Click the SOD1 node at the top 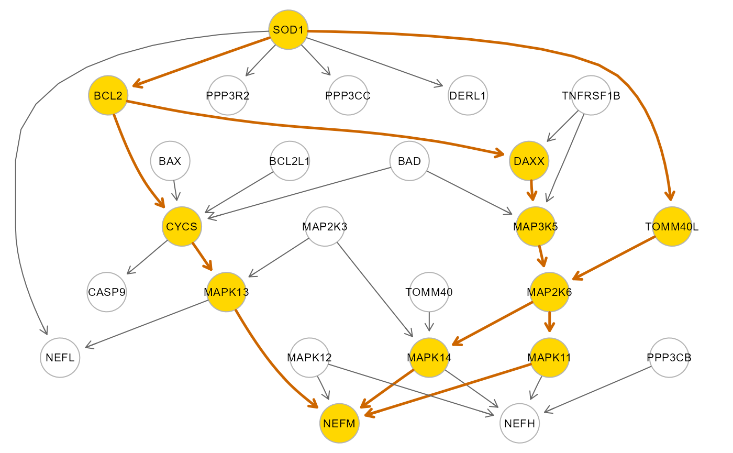click(288, 30)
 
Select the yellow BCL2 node click(108, 95)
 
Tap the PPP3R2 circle click(228, 95)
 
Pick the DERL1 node click(468, 95)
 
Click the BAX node click(170, 161)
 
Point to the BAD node click(409, 161)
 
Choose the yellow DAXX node click(529, 161)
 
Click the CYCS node click(182, 226)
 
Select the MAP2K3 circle click(325, 226)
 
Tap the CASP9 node click(107, 292)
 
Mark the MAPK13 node click(226, 292)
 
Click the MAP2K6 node click(549, 292)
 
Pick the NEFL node click(60, 358)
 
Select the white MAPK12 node click(309, 358)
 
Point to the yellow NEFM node click(339, 423)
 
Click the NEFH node click(519, 423)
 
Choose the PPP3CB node click(669, 358)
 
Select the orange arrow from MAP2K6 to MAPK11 click(549, 322)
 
